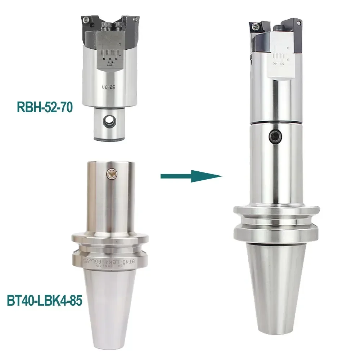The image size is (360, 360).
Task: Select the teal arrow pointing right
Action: coord(191,176)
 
